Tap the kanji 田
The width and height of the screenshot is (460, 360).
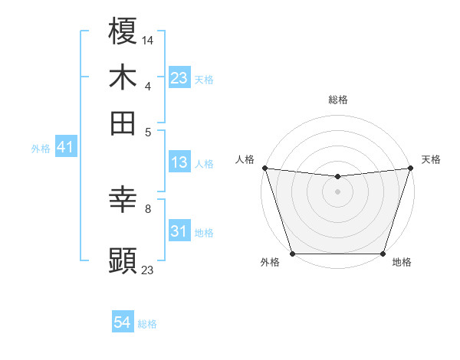(x=123, y=123)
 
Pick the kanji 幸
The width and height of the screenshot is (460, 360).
(x=123, y=201)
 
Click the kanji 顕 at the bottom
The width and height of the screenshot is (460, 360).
(x=123, y=260)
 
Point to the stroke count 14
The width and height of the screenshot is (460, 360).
(x=148, y=39)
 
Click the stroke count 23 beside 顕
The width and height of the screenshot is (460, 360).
(x=148, y=270)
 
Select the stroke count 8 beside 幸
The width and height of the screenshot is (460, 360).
(x=148, y=208)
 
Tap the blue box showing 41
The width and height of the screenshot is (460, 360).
(x=64, y=148)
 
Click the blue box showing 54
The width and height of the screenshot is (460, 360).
(x=123, y=323)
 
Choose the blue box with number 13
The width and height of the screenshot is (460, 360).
(x=179, y=162)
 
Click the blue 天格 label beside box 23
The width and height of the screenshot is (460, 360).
(x=204, y=80)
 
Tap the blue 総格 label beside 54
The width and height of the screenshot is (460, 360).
(x=147, y=324)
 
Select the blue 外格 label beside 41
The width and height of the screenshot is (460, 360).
(x=41, y=149)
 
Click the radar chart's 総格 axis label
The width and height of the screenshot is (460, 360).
(x=337, y=100)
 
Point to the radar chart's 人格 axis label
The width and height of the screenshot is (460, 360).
(x=245, y=159)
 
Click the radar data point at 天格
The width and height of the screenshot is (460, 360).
(x=410, y=168)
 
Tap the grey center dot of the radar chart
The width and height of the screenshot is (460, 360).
(x=337, y=191)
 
